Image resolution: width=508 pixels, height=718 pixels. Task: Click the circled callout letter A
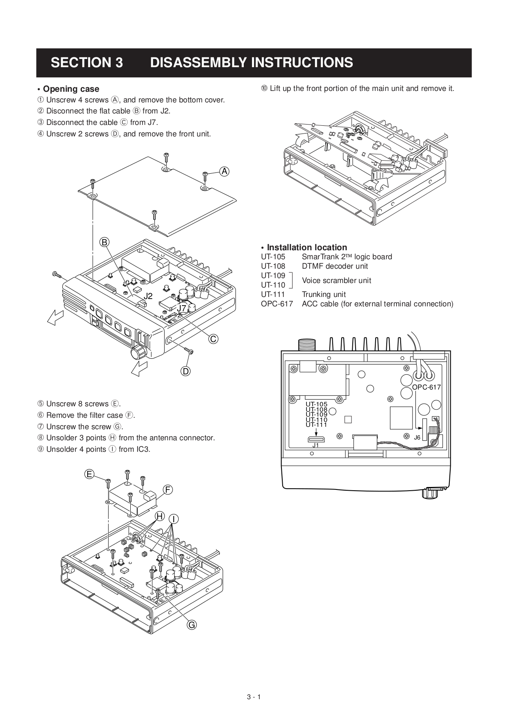[224, 172]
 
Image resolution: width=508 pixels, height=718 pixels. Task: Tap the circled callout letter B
[104, 242]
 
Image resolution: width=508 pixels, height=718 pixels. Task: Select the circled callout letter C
[213, 339]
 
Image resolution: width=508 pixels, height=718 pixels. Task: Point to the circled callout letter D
[186, 371]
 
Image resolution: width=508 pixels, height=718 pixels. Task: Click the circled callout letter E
[89, 474]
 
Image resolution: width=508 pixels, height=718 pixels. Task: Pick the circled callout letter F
[168, 489]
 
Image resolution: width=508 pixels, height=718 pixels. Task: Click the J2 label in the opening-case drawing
[148, 296]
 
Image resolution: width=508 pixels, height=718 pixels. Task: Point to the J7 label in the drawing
[181, 308]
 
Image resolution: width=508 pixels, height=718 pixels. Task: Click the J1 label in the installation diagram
[315, 445]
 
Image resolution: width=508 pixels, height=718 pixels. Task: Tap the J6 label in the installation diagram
[417, 437]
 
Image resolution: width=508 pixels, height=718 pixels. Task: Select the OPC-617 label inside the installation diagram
[426, 387]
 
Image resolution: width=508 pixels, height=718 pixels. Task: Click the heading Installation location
[306, 247]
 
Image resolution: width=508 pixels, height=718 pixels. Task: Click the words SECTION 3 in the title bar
[87, 63]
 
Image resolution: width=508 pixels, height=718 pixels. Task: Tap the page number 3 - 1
[254, 697]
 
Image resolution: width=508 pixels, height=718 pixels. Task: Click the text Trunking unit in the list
[324, 294]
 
